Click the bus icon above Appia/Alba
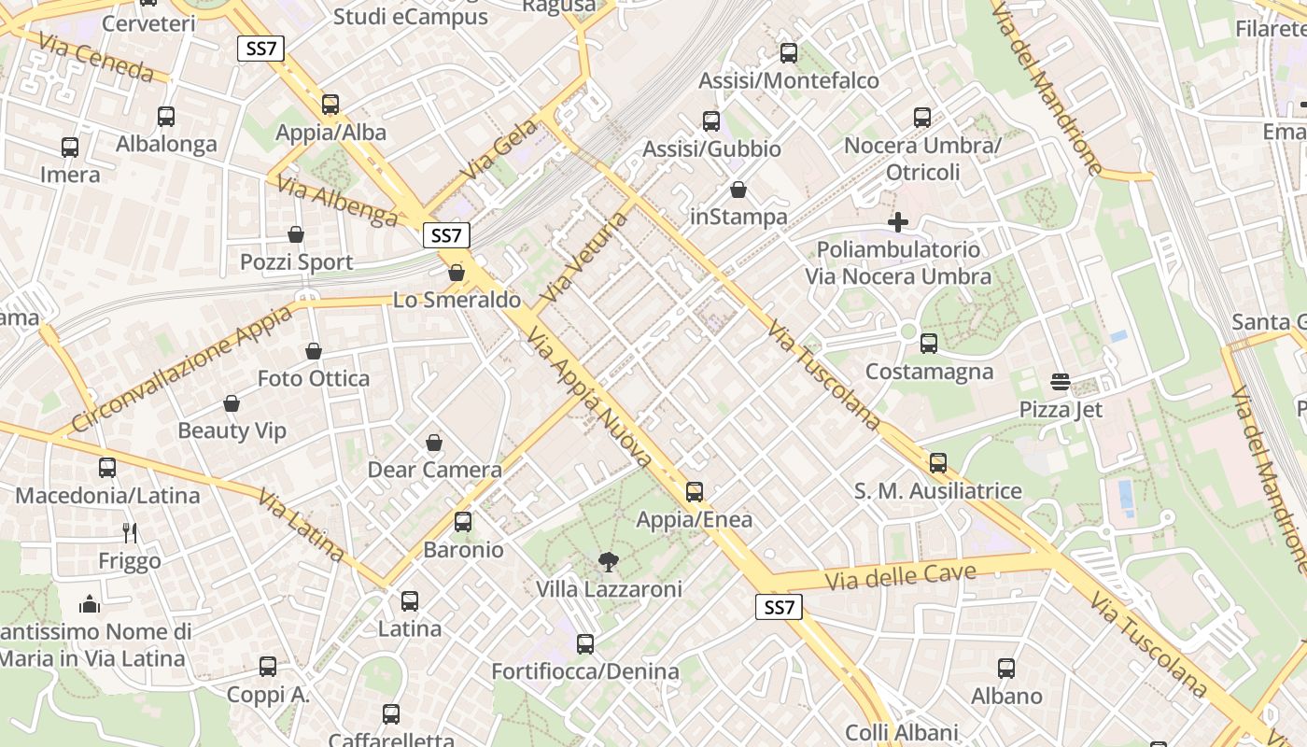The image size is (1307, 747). click(x=330, y=105)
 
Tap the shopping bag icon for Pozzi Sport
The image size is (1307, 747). click(x=296, y=233)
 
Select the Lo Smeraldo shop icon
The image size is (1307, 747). click(x=457, y=273)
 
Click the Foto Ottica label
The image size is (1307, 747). click(x=314, y=378)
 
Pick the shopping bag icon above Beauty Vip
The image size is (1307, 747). click(x=232, y=403)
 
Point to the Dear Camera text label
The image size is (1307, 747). click(x=434, y=470)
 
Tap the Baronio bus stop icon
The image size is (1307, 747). click(x=463, y=522)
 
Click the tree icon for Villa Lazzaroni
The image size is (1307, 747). click(x=609, y=561)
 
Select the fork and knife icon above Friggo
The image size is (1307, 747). click(x=130, y=533)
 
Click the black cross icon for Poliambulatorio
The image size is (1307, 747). click(x=898, y=222)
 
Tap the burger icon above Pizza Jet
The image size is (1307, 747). click(x=1060, y=381)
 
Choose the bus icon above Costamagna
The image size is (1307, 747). click(x=928, y=344)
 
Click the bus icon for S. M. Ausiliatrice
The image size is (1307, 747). click(x=937, y=462)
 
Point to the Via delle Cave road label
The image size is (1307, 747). click(x=900, y=576)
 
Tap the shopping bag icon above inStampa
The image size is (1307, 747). click(x=738, y=190)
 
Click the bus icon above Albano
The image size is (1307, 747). click(x=1005, y=669)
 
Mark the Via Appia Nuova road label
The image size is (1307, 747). click(x=589, y=397)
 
